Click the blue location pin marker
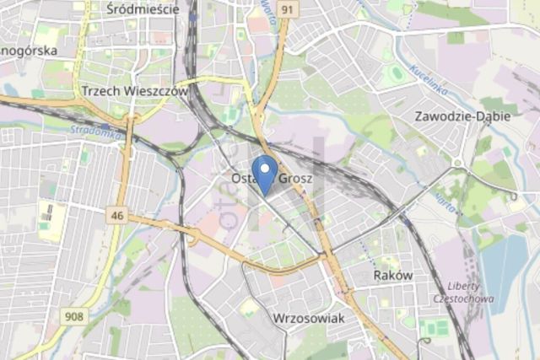[x=265, y=173]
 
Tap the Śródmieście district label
[x=143, y=9]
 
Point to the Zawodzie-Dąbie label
[x=462, y=116]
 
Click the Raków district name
[x=392, y=276]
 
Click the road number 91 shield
[x=289, y=9]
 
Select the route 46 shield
[x=116, y=217]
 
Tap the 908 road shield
[x=75, y=316]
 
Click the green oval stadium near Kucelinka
[x=395, y=73]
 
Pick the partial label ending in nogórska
[x=29, y=51]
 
